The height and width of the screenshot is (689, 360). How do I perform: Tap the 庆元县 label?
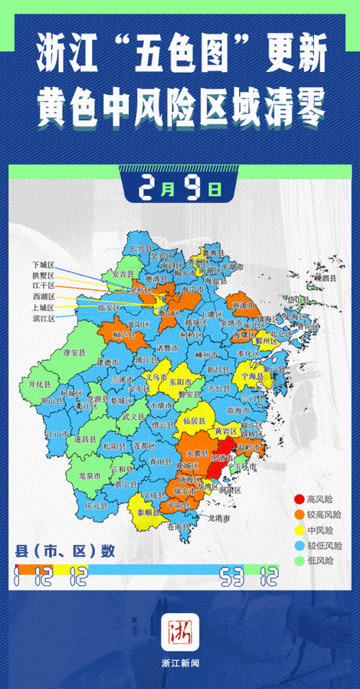[x=96, y=505]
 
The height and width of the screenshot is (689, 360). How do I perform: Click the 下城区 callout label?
[x=43, y=265]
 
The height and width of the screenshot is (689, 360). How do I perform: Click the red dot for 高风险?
[x=298, y=499]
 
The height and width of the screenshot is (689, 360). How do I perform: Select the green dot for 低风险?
[x=298, y=560]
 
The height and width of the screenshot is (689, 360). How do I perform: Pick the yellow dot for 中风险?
[x=298, y=530]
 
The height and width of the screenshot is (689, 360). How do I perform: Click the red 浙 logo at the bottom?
[x=180, y=631]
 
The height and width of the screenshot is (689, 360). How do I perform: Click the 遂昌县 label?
[x=86, y=437]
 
